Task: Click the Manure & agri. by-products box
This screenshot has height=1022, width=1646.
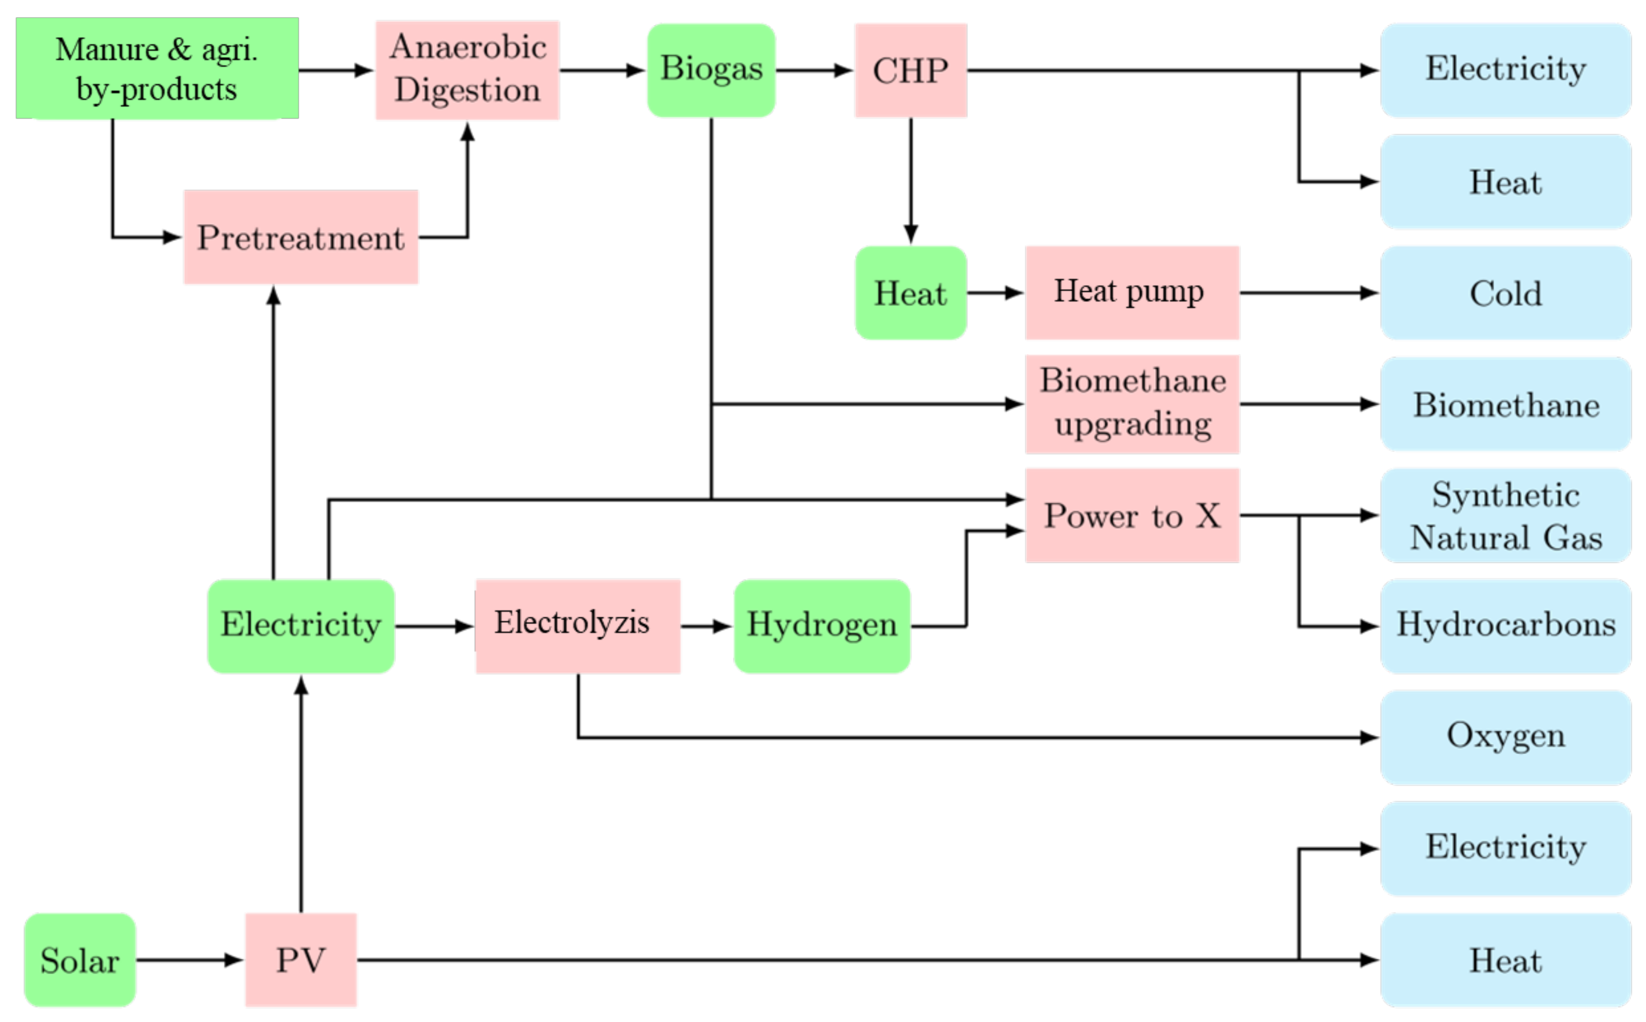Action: (x=157, y=68)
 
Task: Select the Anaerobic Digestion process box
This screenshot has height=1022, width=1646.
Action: (x=467, y=69)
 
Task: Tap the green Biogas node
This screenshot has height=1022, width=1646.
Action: (x=711, y=69)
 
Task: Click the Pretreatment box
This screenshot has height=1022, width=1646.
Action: (x=301, y=237)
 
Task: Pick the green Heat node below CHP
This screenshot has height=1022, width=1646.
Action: (x=911, y=293)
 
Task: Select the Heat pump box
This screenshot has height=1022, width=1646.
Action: (x=1131, y=293)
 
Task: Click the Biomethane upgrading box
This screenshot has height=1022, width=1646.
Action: (x=1131, y=403)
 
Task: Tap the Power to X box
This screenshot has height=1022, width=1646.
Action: (x=1131, y=515)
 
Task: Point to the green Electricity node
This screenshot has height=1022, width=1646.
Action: (x=301, y=626)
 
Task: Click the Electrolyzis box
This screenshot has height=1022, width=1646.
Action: (x=578, y=626)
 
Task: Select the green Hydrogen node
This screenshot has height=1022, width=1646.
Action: (x=821, y=626)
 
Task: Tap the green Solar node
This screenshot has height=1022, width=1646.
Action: (x=80, y=960)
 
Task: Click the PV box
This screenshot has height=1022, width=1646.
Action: (x=301, y=960)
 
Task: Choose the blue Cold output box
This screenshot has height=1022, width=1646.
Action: (x=1506, y=293)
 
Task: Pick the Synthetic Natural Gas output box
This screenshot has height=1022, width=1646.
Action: (x=1506, y=515)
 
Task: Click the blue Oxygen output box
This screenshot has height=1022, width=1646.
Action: (x=1506, y=737)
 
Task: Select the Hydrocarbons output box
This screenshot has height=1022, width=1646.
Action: (x=1506, y=626)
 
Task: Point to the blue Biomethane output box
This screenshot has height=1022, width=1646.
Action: (x=1506, y=403)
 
